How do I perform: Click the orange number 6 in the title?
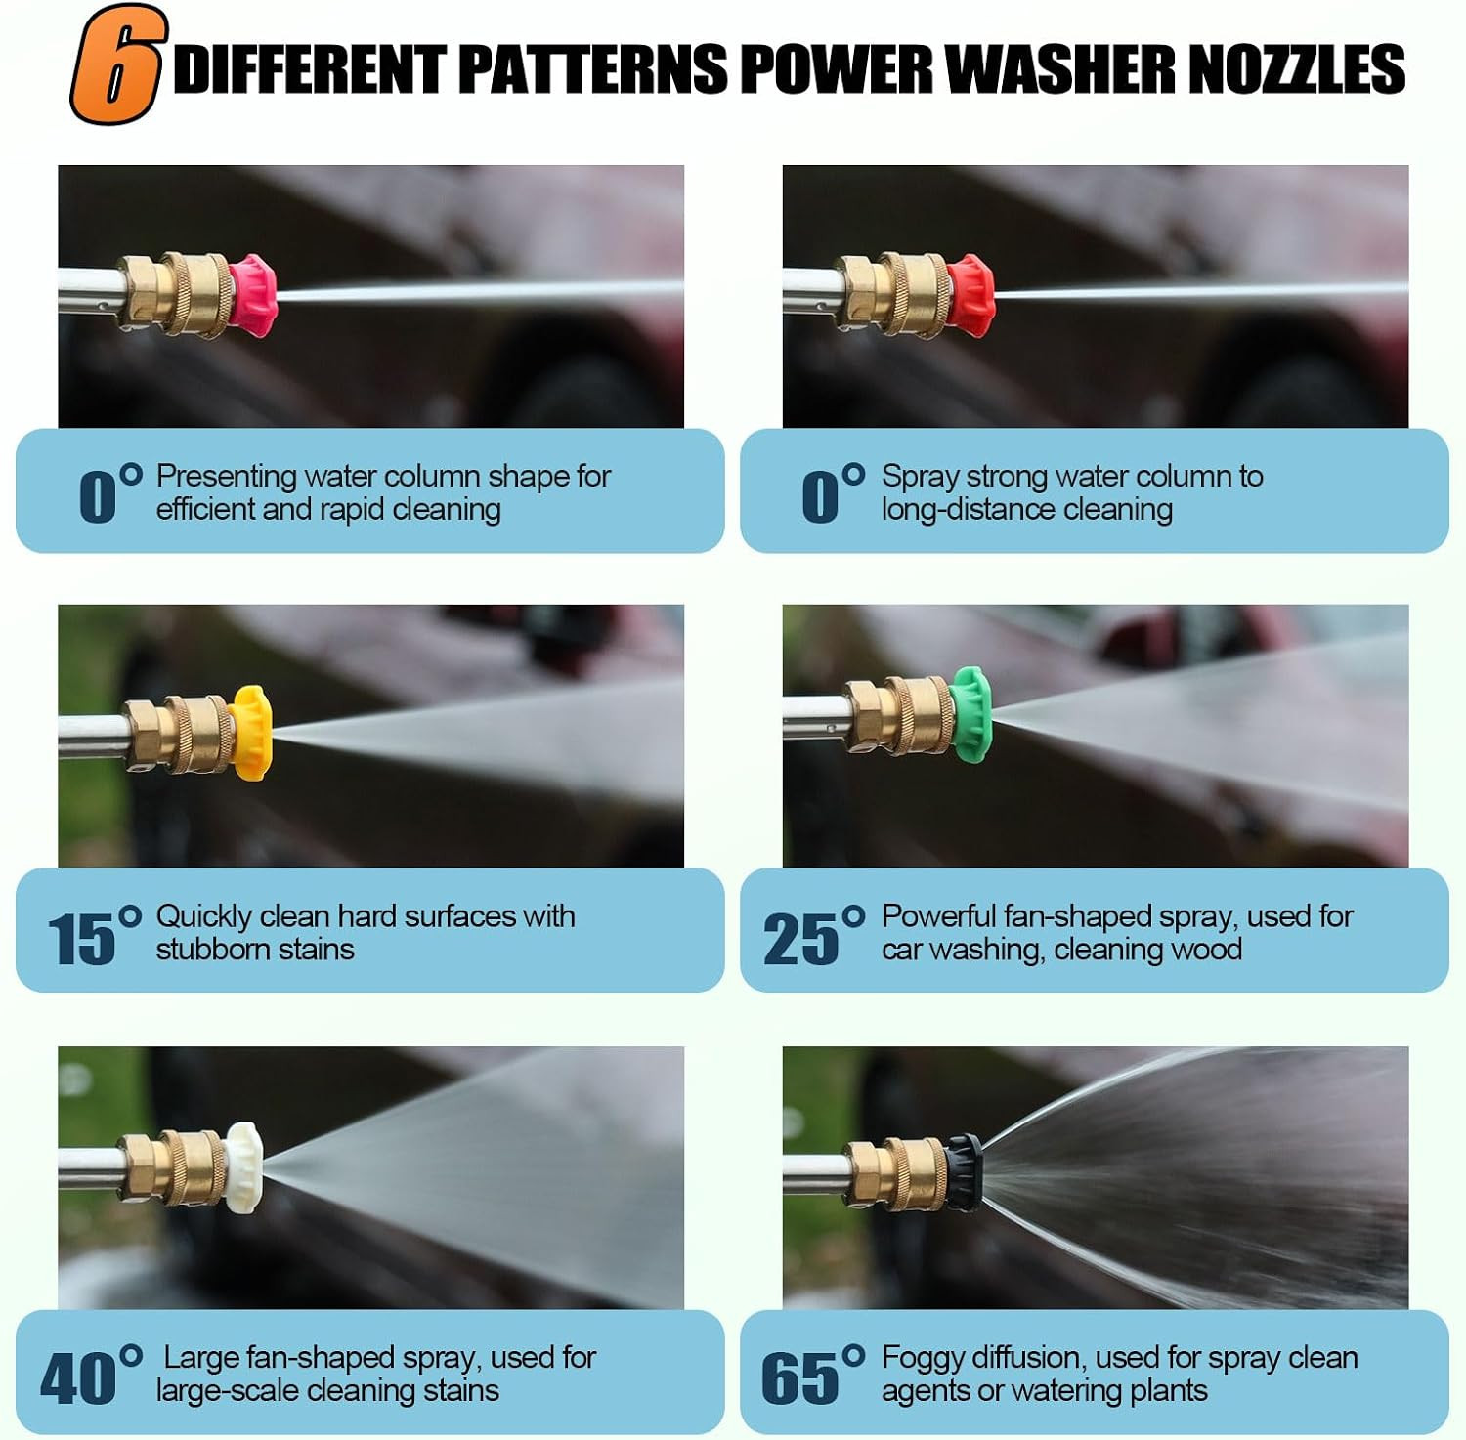115,64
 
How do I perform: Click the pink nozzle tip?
254,294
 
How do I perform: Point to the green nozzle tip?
970,714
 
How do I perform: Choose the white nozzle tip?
242,1167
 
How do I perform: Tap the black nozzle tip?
964,1171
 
